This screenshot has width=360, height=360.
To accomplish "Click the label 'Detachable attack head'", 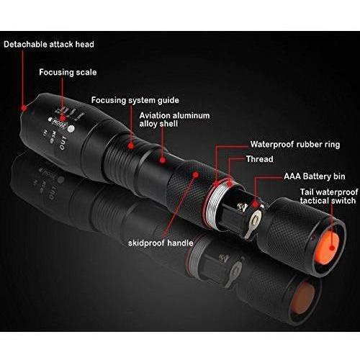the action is [x=49, y=45].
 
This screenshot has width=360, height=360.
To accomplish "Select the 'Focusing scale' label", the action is [x=68, y=73].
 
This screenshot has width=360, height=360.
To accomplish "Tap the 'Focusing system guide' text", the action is [x=135, y=100].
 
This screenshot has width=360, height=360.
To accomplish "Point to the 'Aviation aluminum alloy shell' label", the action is [x=174, y=120].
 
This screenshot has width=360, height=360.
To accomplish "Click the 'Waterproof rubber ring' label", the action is [x=295, y=145].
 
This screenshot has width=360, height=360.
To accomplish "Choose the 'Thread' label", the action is [x=260, y=159].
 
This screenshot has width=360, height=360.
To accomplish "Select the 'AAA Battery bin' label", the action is [x=315, y=176].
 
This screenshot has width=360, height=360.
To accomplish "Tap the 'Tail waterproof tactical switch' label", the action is [x=329, y=197].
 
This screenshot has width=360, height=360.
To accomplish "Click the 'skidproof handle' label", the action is [x=161, y=243].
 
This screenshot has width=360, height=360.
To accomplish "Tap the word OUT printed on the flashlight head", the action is [x=63, y=143].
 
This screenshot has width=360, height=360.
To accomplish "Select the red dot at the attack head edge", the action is [x=24, y=108].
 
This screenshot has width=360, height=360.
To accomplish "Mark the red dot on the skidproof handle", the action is [x=196, y=175].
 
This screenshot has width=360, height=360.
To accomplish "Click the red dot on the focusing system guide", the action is [x=131, y=145].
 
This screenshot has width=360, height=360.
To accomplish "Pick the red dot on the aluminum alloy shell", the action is [x=163, y=160].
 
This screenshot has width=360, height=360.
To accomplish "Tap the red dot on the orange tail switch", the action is [x=332, y=248].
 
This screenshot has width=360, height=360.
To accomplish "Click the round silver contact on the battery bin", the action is [x=256, y=219].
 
